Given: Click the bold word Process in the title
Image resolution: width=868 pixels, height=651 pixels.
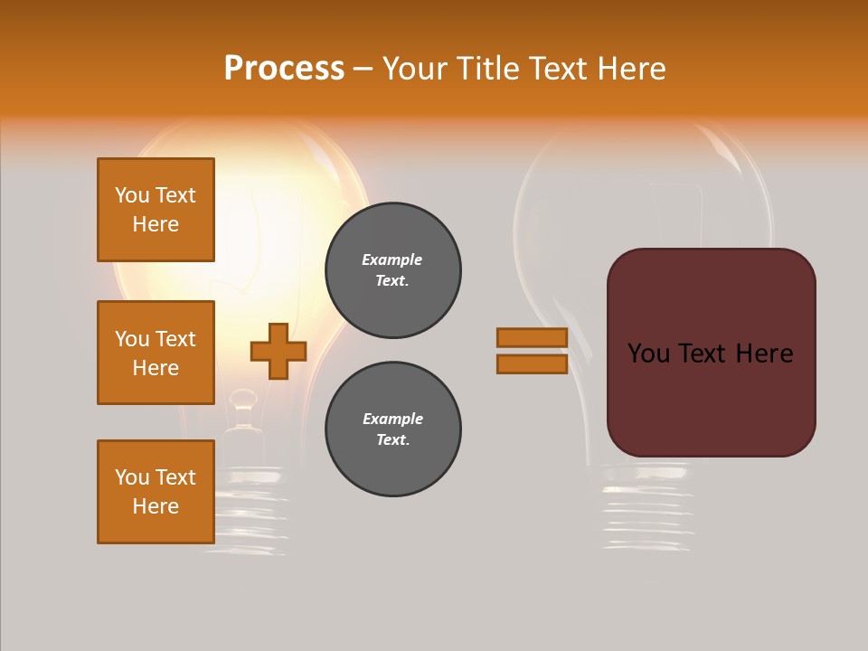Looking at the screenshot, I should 284,69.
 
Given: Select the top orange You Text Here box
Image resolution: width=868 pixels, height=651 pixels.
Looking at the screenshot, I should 156,210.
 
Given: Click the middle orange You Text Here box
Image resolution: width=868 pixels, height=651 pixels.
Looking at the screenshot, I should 156,353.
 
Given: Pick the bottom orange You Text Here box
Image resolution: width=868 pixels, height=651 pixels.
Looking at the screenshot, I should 156,492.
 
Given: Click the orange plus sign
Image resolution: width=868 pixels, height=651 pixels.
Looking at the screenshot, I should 278,351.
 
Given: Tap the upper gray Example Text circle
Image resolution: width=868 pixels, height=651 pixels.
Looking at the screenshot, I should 393,270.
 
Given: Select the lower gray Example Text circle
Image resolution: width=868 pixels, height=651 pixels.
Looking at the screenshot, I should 393,429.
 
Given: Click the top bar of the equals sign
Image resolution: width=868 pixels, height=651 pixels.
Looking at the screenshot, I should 532,337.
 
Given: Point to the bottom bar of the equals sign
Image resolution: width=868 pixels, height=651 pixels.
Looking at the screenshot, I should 532,363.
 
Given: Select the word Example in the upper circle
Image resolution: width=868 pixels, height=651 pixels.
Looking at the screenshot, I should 392,259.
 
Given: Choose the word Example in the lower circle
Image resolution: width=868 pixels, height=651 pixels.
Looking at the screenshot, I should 392,419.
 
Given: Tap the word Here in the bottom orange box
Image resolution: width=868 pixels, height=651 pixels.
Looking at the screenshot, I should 156,506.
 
